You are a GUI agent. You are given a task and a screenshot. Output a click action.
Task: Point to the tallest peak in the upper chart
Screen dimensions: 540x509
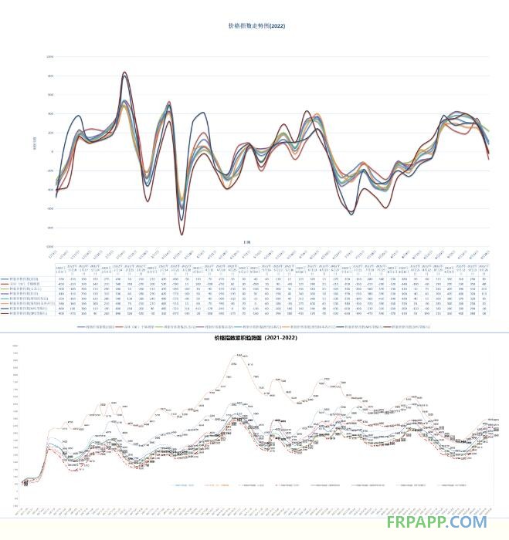coord(125,73)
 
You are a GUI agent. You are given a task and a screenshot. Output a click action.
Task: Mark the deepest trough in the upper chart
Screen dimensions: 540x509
coord(182,234)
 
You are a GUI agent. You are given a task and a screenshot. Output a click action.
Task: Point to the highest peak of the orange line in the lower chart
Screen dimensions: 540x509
coord(239,353)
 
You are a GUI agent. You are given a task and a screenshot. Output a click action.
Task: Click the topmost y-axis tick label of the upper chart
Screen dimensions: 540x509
coord(49,57)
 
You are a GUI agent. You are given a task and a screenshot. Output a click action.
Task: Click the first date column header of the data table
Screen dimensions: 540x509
coord(60,269)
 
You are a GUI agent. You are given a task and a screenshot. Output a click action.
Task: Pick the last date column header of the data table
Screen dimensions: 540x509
coord(484,269)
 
